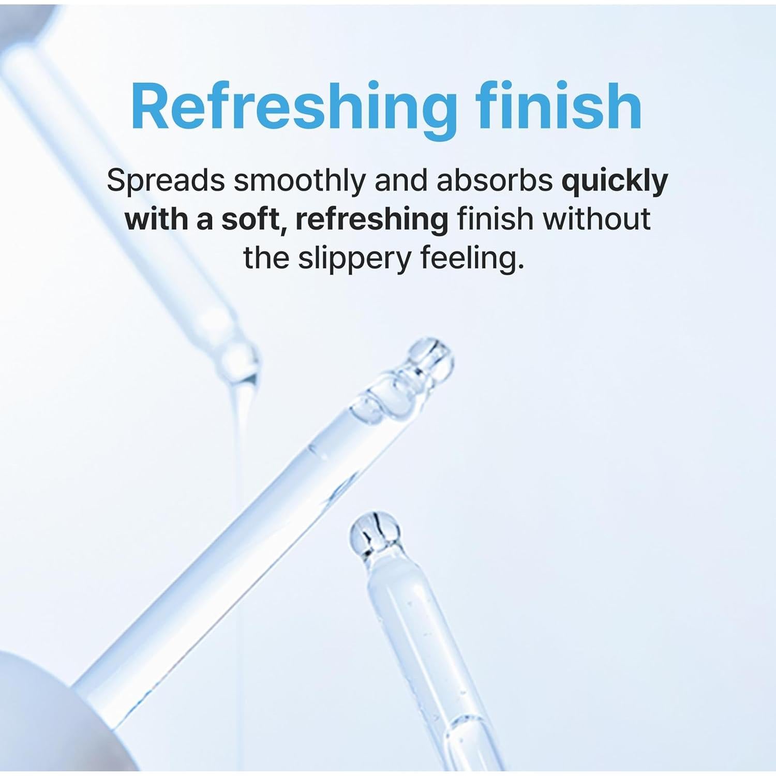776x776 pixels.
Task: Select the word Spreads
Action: pyautogui.click(x=166, y=182)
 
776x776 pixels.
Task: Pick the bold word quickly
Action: pyautogui.click(x=615, y=182)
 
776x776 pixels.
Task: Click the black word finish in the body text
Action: pyautogui.click(x=494, y=219)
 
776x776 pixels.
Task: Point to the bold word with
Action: pyautogui.click(x=155, y=219)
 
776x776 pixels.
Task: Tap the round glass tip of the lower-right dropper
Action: pyautogui.click(x=374, y=533)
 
